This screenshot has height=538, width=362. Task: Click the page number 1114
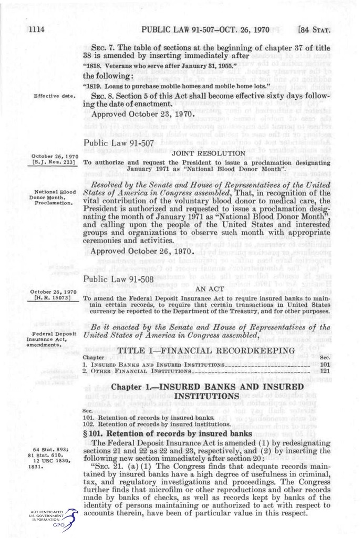[x=36, y=29]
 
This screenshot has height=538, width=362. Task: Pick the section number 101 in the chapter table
[x=325, y=364]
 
